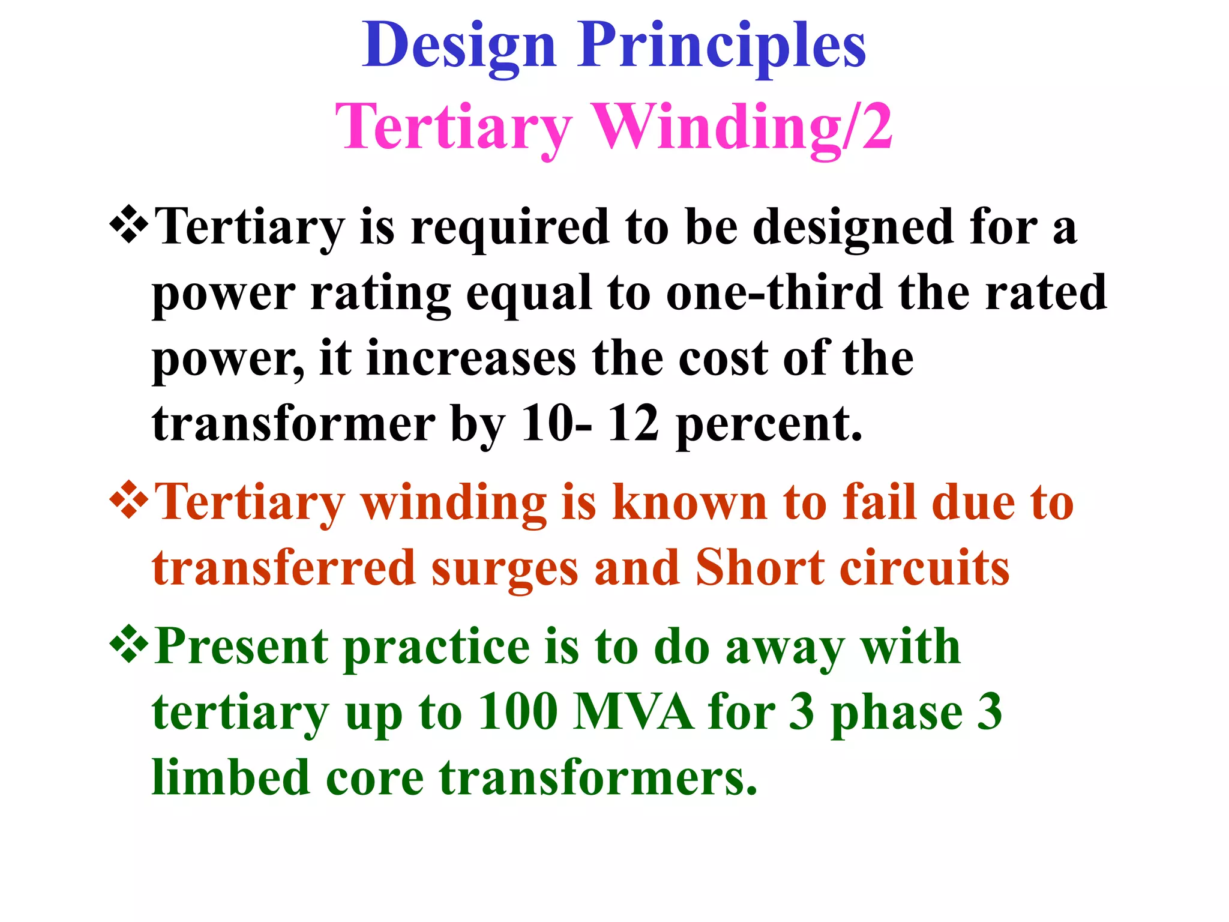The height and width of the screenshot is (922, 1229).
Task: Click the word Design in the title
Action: [459, 47]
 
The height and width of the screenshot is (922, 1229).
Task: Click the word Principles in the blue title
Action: [721, 47]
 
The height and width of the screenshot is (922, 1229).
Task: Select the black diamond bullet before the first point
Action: [128, 226]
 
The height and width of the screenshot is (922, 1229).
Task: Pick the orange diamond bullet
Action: [128, 501]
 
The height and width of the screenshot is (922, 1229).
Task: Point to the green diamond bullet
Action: [128, 645]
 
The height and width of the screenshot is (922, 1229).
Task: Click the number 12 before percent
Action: [633, 424]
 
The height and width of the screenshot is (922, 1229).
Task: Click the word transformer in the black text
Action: [293, 424]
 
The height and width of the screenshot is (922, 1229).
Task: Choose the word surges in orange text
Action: [505, 569]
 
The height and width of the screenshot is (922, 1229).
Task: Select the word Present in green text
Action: [241, 647]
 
